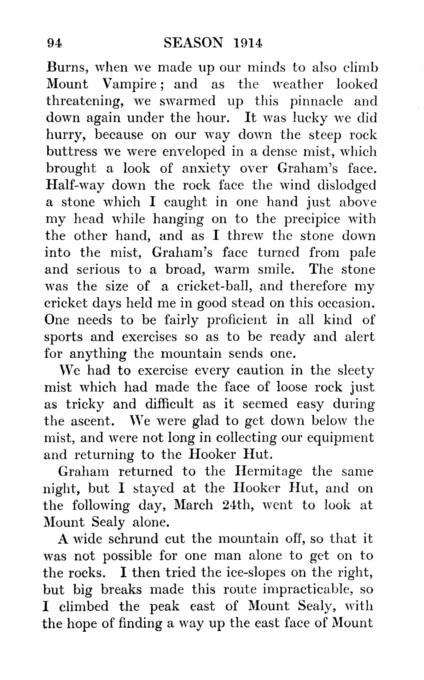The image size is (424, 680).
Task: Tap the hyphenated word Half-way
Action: click(x=72, y=185)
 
